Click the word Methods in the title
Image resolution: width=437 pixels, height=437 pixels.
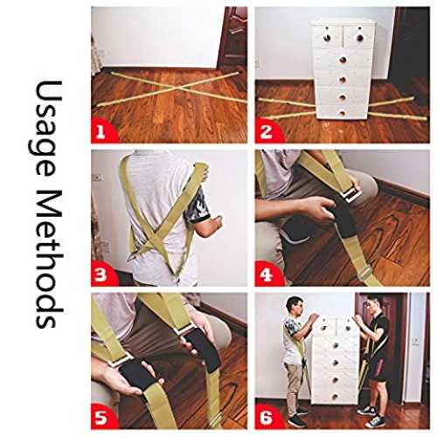coord(48,260)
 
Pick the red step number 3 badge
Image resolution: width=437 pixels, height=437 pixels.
coord(102,274)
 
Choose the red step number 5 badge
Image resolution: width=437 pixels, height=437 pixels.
coord(102,417)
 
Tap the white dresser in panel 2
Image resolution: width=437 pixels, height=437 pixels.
coord(343,68)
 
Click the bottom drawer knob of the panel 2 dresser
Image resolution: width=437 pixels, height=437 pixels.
coord(343,113)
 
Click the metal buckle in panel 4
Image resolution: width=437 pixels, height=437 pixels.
coord(351,193)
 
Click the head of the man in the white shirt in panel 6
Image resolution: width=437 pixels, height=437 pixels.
coord(294,307)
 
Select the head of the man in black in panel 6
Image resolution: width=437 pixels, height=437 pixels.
coord(373,303)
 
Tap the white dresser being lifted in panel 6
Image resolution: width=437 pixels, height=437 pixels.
coord(336,361)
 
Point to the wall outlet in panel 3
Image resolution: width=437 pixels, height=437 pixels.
coord(98,177)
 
